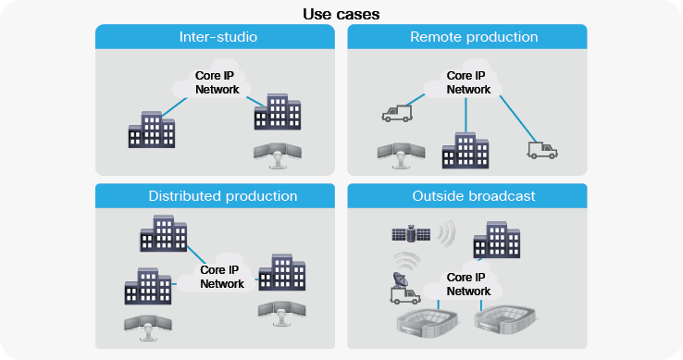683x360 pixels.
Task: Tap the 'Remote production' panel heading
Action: [474, 37]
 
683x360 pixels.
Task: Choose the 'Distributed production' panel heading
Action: [222, 196]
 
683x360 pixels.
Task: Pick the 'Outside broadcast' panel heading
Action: [473, 196]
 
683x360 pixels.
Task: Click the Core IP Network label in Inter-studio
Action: [217, 82]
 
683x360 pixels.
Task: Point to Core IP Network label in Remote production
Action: [468, 82]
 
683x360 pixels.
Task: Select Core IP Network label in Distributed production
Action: [222, 277]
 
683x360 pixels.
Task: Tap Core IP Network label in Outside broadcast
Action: [468, 283]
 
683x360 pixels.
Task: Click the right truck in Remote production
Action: [543, 149]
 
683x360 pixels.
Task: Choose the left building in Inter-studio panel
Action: [151, 130]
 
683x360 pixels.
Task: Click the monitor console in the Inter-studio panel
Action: [277, 155]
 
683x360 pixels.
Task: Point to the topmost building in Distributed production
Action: [162, 232]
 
